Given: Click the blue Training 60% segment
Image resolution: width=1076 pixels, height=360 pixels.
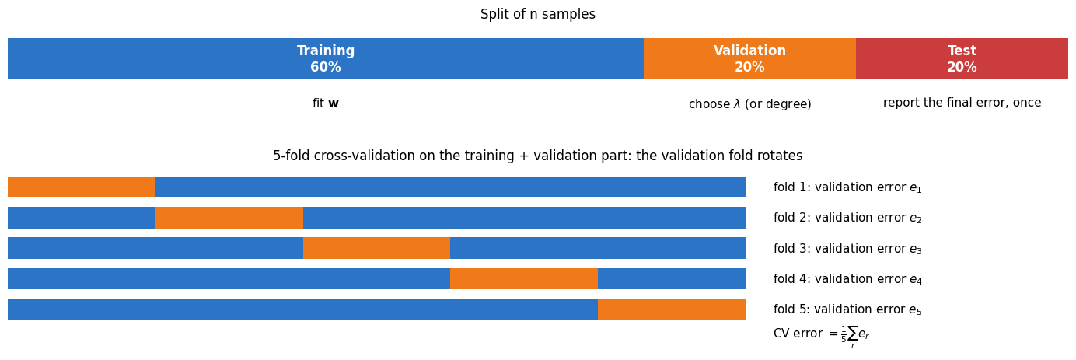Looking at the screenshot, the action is [326, 58].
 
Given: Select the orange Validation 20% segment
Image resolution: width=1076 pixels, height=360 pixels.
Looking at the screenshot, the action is [749, 58].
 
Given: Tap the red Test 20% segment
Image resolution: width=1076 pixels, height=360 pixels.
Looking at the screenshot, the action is [962, 58].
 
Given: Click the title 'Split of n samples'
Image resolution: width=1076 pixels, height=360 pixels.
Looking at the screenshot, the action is [538, 14].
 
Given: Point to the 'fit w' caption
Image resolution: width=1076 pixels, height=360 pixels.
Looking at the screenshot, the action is [326, 103].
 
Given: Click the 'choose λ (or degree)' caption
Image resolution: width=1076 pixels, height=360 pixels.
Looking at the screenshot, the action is [749, 104].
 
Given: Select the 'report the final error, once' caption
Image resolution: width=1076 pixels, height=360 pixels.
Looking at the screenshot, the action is [962, 103].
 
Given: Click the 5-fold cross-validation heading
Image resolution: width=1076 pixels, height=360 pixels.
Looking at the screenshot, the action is [538, 156].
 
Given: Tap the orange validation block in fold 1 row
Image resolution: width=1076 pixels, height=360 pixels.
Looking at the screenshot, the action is [82, 187].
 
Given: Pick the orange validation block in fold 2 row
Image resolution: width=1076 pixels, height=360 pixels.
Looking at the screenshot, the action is [229, 218].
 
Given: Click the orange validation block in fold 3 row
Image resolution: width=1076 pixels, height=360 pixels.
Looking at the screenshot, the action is [376, 248].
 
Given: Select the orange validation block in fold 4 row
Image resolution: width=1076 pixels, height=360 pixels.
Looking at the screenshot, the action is [524, 279].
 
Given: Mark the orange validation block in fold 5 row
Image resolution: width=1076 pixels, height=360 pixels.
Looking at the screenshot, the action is [672, 309].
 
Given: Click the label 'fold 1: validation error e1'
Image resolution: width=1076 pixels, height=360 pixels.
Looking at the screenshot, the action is [847, 187].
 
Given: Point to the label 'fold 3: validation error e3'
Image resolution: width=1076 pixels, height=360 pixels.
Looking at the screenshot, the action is [847, 249].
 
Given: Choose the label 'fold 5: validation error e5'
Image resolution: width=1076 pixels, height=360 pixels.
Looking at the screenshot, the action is [847, 309].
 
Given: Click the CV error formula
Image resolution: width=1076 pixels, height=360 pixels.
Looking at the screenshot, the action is [822, 335].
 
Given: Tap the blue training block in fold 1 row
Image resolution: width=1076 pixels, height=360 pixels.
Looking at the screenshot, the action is [451, 187].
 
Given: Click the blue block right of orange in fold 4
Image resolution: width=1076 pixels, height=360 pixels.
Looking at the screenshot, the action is [672, 279].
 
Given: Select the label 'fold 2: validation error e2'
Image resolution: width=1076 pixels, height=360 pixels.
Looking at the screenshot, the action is [847, 218].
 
